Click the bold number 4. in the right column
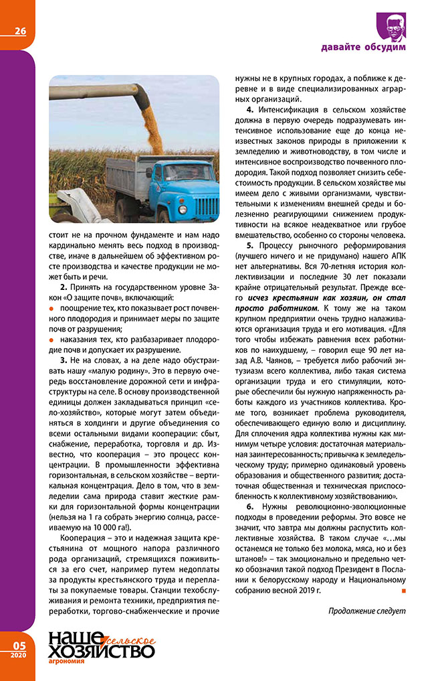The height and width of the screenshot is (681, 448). point(250,109)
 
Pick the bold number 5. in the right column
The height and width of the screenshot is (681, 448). point(250,246)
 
